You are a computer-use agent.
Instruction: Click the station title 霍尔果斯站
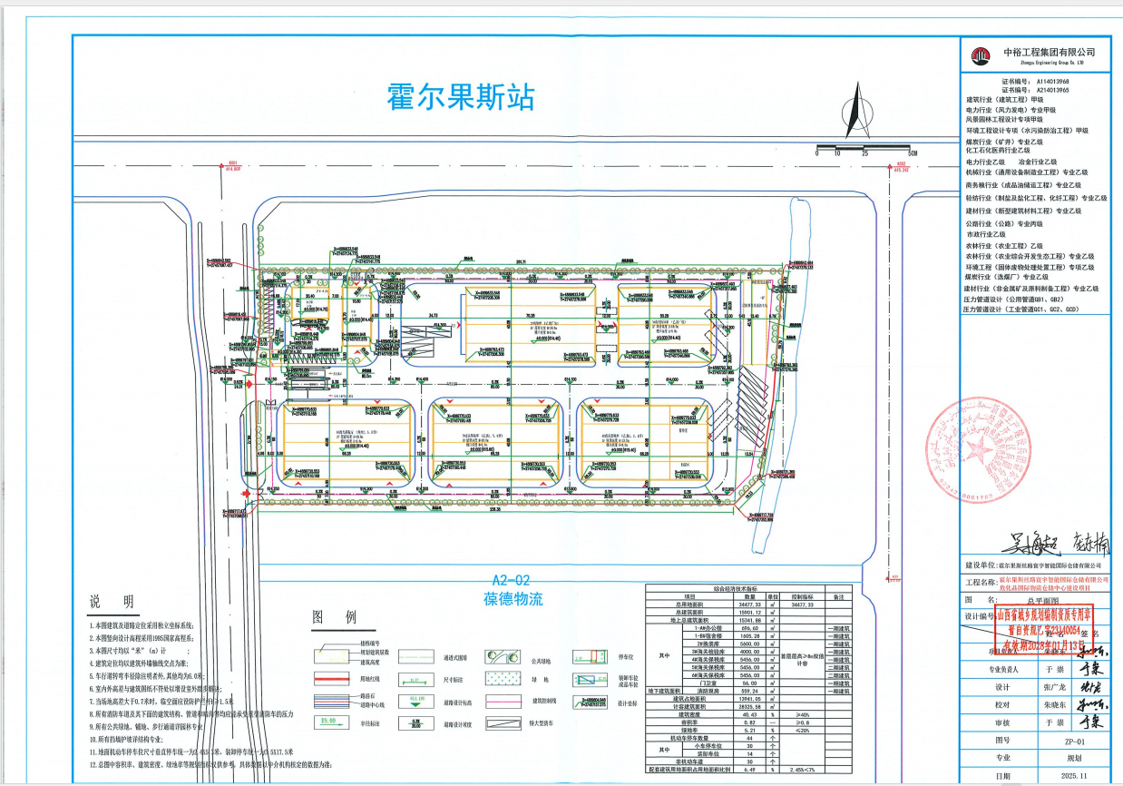click(x=461, y=97)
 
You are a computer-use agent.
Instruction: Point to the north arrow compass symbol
click(x=854, y=105)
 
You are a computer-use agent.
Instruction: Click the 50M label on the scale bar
click(x=912, y=153)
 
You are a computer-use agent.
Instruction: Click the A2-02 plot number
click(x=510, y=580)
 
